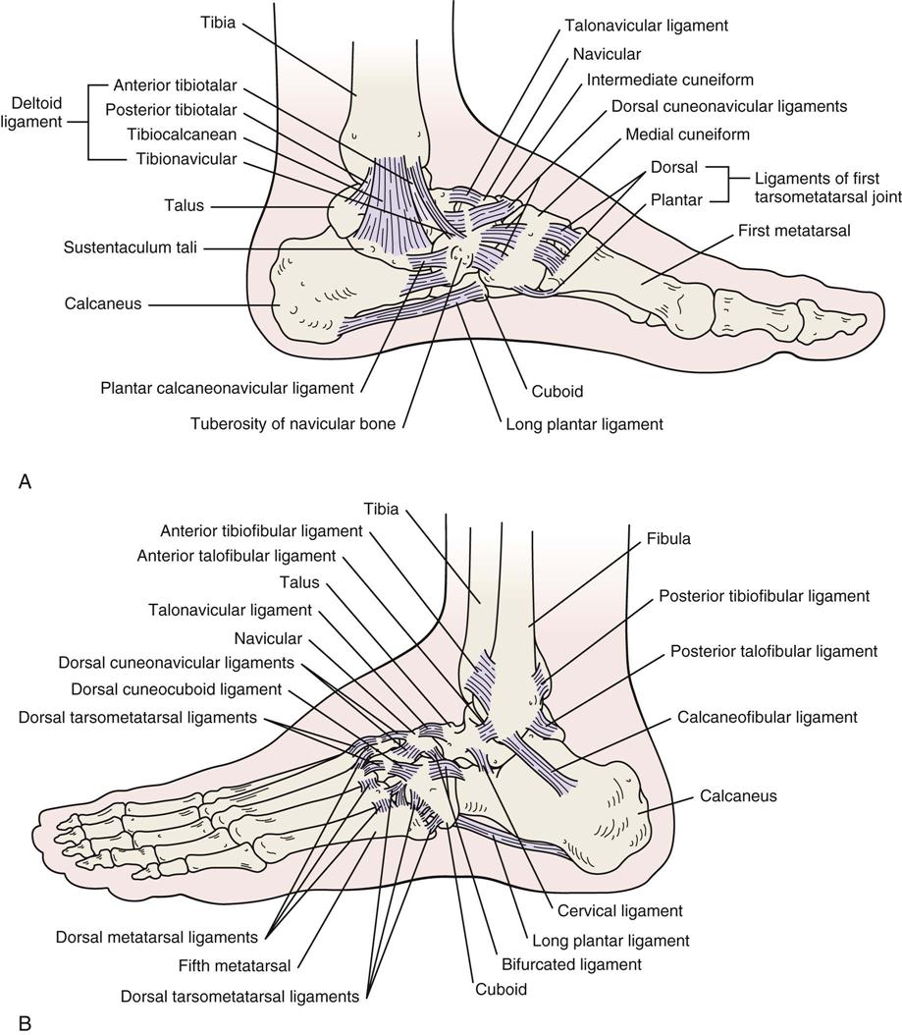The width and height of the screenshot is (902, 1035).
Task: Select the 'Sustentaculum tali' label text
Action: [x=130, y=249]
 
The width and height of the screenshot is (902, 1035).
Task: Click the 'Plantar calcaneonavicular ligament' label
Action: [x=227, y=388]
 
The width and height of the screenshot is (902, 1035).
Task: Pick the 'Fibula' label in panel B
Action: [x=668, y=539]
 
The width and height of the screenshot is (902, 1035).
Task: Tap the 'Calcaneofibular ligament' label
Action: [x=767, y=718]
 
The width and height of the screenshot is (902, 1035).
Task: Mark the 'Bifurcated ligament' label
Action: [x=579, y=965]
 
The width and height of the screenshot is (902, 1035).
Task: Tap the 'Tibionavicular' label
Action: [x=182, y=158]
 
